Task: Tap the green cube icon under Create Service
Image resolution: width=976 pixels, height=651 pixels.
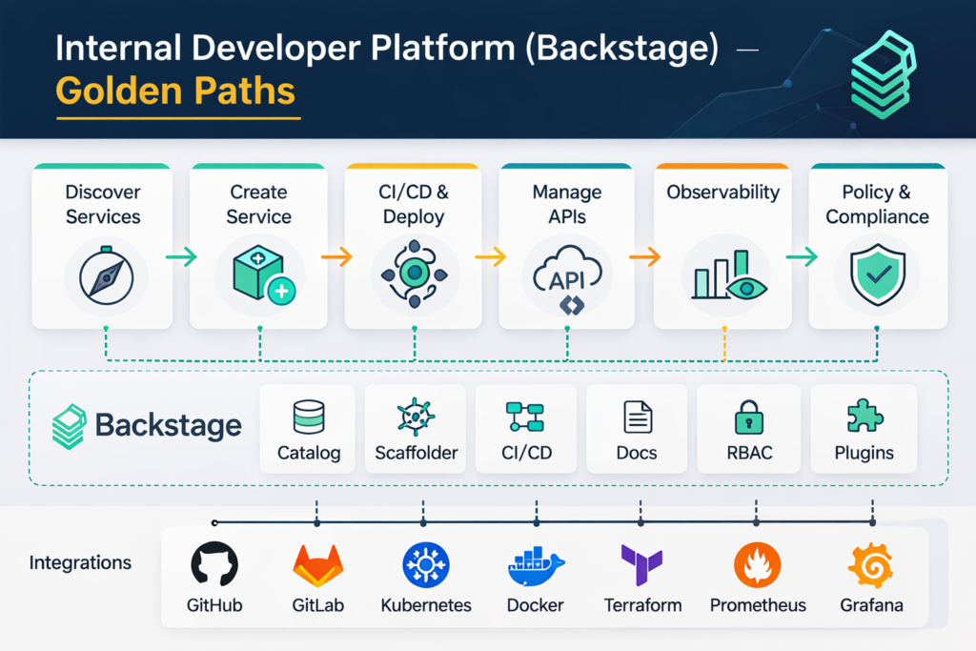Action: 258,274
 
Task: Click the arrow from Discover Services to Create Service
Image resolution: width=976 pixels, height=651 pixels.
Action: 181,256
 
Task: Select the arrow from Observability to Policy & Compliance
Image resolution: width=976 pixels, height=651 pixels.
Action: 802,256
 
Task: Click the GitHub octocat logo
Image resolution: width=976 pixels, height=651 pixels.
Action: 214,565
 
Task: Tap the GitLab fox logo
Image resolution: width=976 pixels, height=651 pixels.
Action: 317,565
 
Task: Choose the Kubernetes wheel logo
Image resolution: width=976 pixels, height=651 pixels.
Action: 425,565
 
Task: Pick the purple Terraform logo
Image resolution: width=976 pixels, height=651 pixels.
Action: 640,565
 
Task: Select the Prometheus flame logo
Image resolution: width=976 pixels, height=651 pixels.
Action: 757,565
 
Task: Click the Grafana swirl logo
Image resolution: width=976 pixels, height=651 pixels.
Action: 870,565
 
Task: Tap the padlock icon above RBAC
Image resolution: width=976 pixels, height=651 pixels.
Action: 747,417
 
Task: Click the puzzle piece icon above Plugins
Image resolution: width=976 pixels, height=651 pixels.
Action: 864,417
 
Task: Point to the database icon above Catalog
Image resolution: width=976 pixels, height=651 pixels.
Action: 309,417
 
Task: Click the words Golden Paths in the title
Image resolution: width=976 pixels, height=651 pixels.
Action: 175,91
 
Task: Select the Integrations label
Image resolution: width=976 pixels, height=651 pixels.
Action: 80,562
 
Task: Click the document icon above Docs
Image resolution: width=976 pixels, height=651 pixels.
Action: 637,417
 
